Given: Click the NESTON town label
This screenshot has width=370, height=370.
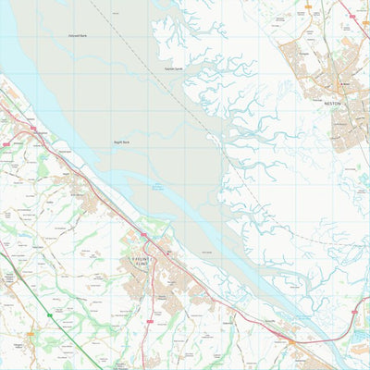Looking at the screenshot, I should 333,104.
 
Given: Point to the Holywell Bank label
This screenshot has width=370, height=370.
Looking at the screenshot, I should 77,36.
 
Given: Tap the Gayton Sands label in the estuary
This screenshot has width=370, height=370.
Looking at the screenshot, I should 173,68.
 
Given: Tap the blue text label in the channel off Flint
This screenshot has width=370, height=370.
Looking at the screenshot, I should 157,188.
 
